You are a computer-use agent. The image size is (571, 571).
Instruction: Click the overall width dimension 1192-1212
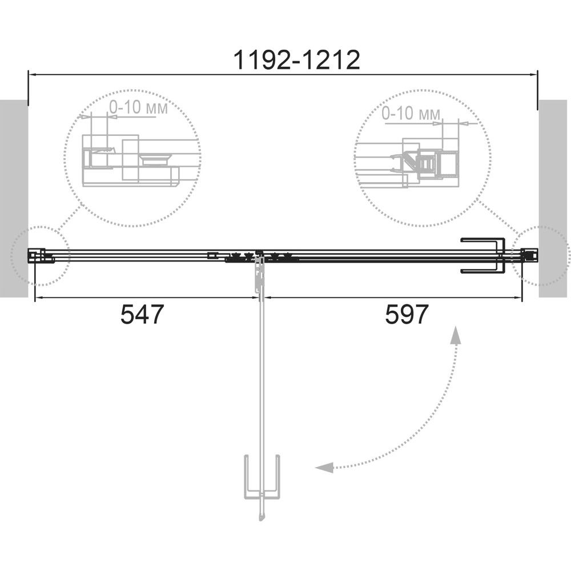(x=296, y=60)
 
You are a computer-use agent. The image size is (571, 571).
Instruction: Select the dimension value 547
(x=142, y=314)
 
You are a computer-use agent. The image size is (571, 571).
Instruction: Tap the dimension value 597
(x=407, y=314)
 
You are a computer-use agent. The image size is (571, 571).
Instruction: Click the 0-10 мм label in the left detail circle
(x=138, y=107)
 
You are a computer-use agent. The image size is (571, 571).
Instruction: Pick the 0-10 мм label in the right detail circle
(x=411, y=114)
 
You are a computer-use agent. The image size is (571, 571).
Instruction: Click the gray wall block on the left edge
(x=14, y=199)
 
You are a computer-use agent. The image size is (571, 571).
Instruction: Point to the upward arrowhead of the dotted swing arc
(x=455, y=335)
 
